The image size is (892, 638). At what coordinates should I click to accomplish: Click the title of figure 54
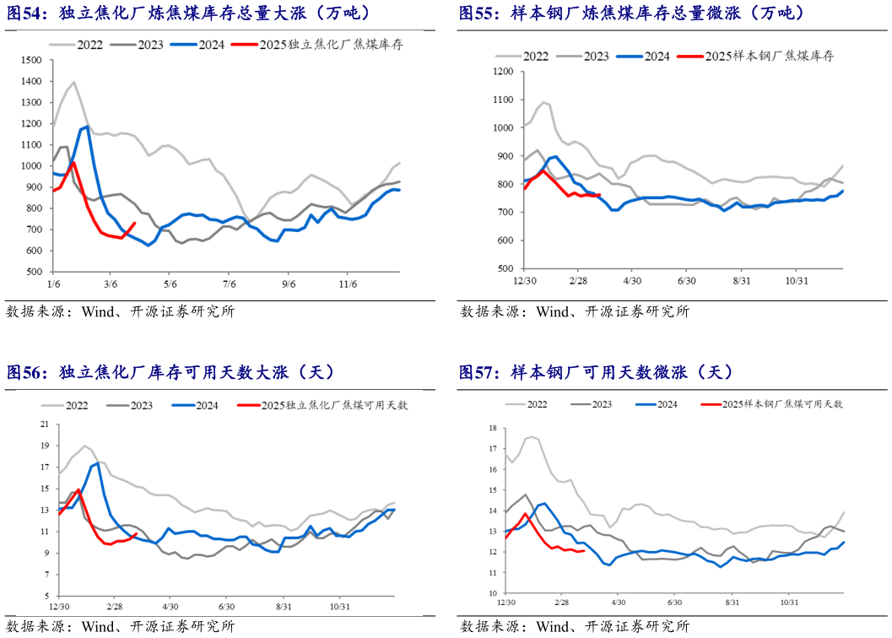click(190, 14)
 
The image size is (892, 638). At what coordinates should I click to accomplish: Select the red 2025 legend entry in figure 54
click(316, 45)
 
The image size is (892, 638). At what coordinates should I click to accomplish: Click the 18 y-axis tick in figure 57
click(494, 429)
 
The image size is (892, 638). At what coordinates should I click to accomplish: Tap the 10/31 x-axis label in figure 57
click(789, 603)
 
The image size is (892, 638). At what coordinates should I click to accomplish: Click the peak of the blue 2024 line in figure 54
click(87, 127)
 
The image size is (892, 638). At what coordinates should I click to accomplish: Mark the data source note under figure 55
click(575, 311)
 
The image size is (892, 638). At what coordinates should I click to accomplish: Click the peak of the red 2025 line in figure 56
click(78, 489)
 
